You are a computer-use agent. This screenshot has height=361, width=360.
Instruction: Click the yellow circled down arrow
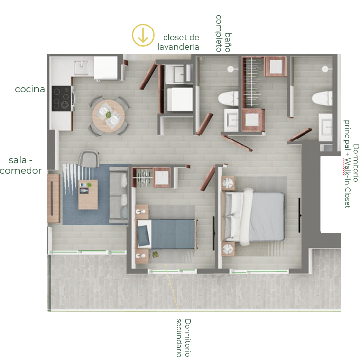point(143,35)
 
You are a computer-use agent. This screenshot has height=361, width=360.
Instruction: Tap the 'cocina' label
point(30,89)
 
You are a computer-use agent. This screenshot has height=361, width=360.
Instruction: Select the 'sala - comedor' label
point(21,166)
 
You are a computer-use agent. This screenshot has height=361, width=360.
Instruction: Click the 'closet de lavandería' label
point(178,42)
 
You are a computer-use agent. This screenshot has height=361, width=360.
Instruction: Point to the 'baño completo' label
point(223,33)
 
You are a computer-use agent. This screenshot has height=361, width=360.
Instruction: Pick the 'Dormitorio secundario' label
point(184,338)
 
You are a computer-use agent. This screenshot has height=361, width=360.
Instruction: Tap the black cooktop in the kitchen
point(61,99)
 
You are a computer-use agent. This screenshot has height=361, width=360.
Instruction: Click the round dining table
point(109,116)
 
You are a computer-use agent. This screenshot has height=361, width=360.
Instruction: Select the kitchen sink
point(81,67)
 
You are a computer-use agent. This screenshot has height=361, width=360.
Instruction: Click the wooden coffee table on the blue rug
point(88,195)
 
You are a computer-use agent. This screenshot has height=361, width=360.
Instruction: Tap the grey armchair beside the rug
point(88,158)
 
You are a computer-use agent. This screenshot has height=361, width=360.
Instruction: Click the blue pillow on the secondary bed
point(143,236)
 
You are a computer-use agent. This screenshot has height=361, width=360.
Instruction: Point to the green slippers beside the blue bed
point(155,254)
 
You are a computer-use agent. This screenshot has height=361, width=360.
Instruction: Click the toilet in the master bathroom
point(322,99)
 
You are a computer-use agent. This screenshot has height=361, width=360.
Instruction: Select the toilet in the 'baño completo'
point(228,99)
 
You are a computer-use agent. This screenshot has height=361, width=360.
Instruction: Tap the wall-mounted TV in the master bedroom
point(300,215)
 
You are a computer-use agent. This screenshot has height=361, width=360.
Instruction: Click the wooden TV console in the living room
point(54,198)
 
